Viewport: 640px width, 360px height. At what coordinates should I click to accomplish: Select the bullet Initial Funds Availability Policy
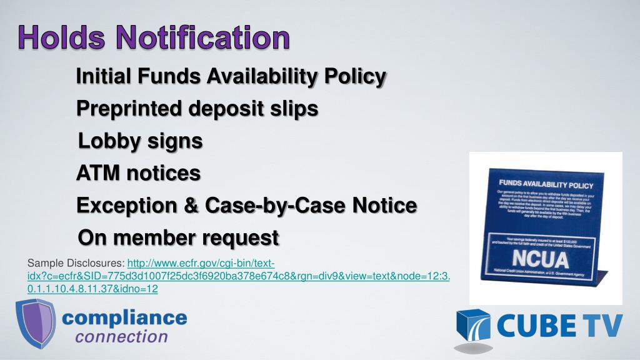(x=231, y=77)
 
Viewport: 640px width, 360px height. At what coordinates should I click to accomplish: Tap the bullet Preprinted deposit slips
(x=197, y=109)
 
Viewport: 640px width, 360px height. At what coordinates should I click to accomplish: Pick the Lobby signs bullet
(x=140, y=141)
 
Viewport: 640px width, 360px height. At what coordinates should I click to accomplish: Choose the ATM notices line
(x=138, y=172)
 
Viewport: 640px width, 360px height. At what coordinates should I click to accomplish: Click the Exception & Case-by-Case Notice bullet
(x=246, y=205)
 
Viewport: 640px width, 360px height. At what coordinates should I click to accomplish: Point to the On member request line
(x=178, y=237)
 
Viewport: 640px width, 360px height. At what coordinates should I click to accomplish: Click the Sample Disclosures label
(x=76, y=263)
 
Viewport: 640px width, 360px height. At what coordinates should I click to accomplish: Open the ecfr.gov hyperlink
(x=237, y=276)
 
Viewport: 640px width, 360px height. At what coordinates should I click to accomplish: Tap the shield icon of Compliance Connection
(x=35, y=323)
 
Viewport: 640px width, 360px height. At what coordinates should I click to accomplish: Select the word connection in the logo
(x=121, y=337)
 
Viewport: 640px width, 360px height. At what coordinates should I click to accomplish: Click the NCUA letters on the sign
(x=540, y=259)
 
